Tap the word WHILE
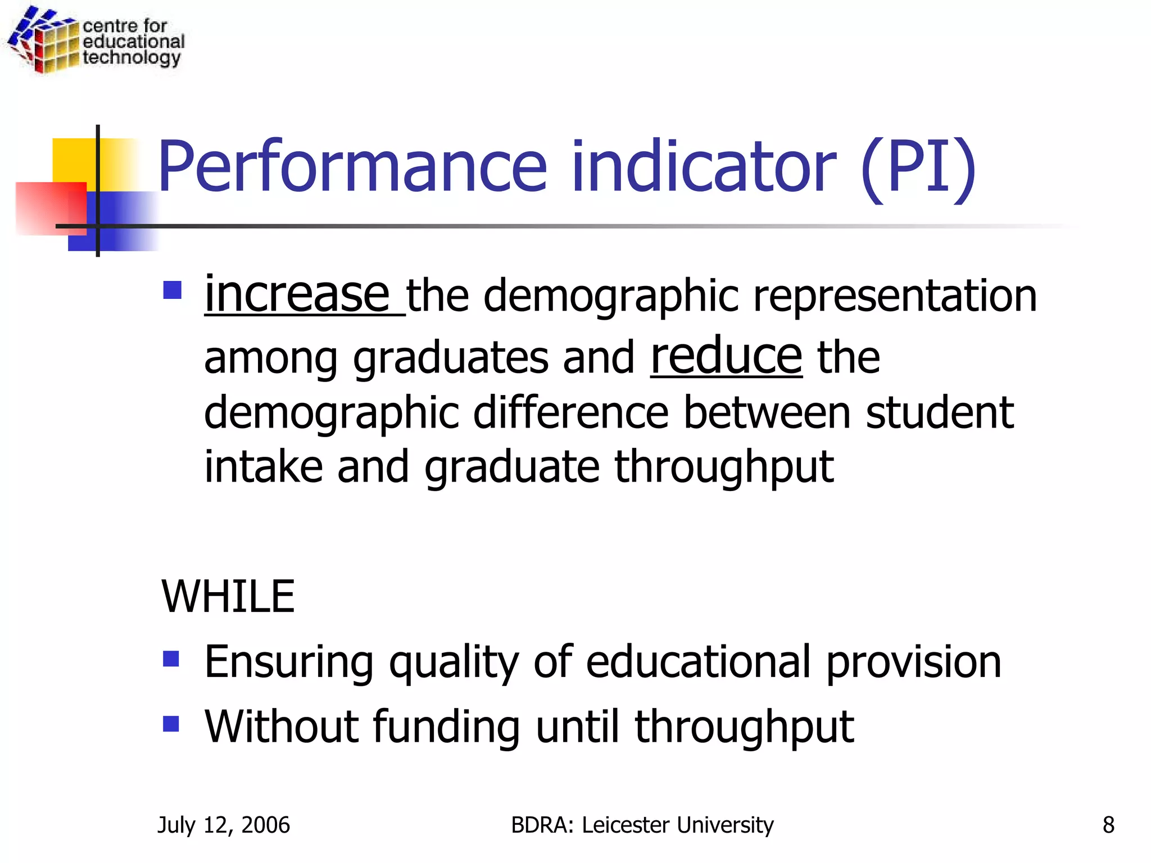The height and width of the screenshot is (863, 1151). [x=228, y=596]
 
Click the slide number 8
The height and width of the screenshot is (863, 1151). [x=1108, y=825]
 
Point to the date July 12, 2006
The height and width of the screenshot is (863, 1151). [x=224, y=825]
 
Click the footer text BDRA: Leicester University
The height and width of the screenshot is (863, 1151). [x=642, y=825]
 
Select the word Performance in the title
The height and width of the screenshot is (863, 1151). [x=352, y=167]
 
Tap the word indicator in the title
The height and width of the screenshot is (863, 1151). [x=704, y=167]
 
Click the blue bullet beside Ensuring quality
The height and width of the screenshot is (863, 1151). [x=171, y=658]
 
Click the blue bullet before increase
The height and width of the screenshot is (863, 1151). [x=172, y=290]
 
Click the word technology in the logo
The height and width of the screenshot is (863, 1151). [x=132, y=58]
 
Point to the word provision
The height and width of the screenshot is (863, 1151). [x=914, y=662]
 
